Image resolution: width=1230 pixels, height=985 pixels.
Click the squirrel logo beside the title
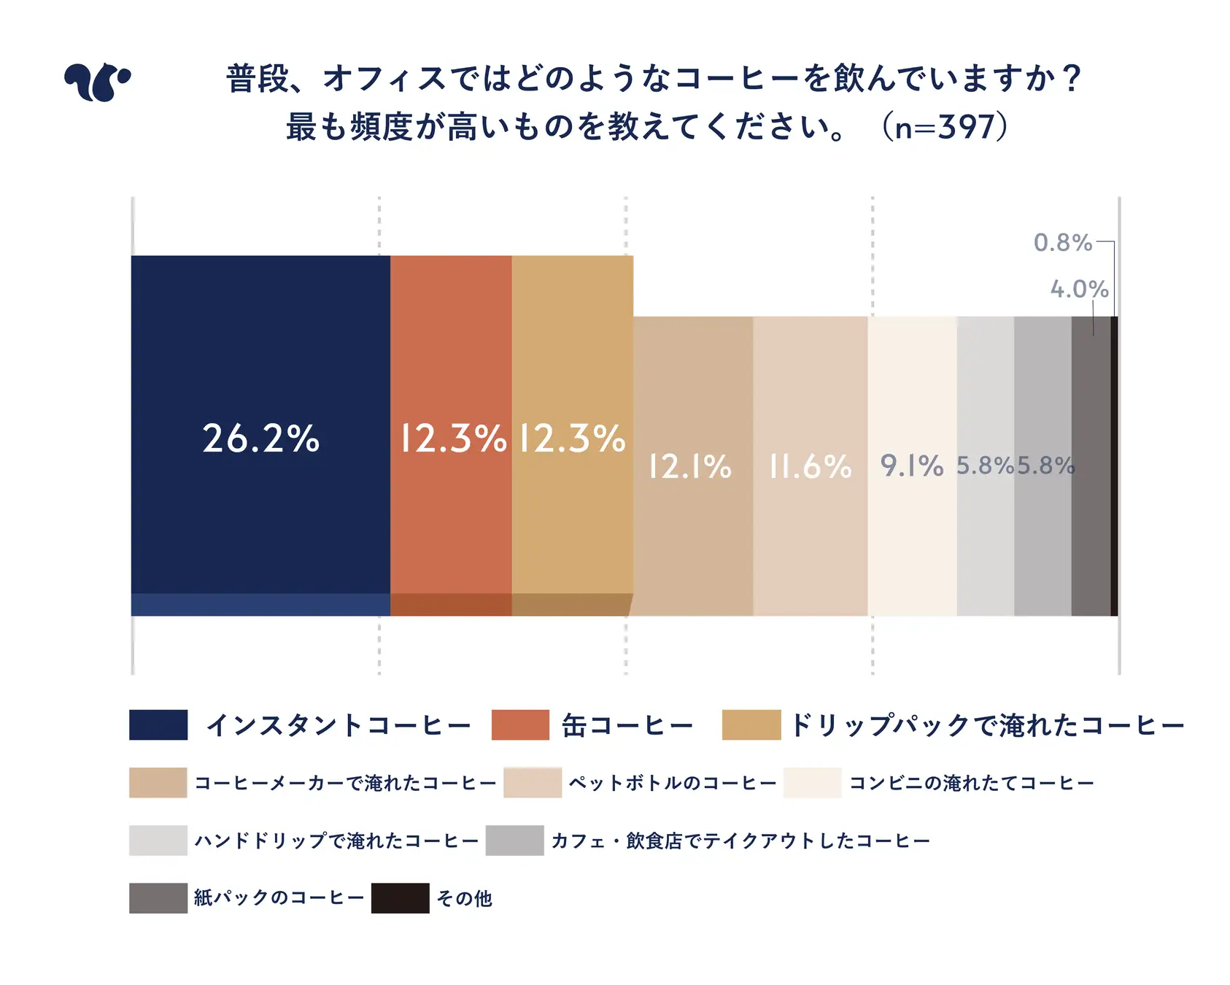click(97, 81)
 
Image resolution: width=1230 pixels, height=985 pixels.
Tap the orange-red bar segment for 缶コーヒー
click(451, 365)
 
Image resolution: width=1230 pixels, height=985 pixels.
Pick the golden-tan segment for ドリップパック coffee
click(573, 365)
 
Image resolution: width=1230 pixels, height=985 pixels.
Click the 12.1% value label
click(690, 467)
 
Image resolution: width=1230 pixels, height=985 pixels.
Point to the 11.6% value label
click(811, 467)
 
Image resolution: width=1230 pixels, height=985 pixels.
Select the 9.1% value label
click(912, 466)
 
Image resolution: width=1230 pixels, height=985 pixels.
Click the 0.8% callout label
click(1063, 242)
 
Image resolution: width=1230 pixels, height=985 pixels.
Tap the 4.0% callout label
click(1079, 289)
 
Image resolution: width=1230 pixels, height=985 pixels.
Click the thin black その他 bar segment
click(1114, 467)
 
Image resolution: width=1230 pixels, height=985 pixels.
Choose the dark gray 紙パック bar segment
click(1091, 511)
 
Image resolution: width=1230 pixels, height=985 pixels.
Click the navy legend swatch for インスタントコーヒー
click(158, 725)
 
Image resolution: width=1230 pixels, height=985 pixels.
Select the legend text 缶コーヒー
click(627, 725)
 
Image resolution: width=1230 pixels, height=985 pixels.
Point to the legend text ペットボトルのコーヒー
click(672, 783)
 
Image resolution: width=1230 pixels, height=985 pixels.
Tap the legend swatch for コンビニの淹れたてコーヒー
click(812, 783)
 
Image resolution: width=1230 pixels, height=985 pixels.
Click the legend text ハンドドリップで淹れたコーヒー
click(336, 841)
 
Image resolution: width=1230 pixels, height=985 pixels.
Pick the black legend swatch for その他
click(400, 898)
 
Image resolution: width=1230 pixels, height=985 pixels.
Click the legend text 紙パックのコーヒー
click(279, 898)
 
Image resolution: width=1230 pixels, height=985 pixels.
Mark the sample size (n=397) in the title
click(945, 127)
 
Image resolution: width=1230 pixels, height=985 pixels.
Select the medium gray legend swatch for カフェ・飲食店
click(514, 841)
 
